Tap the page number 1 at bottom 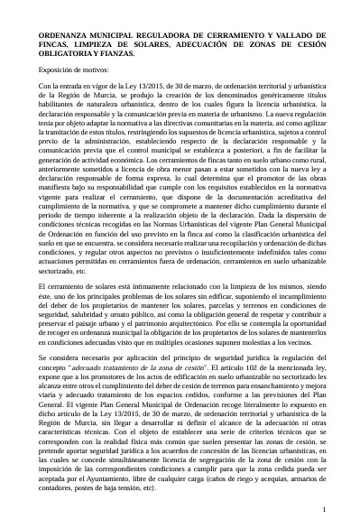322,510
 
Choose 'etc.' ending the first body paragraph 83,269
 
